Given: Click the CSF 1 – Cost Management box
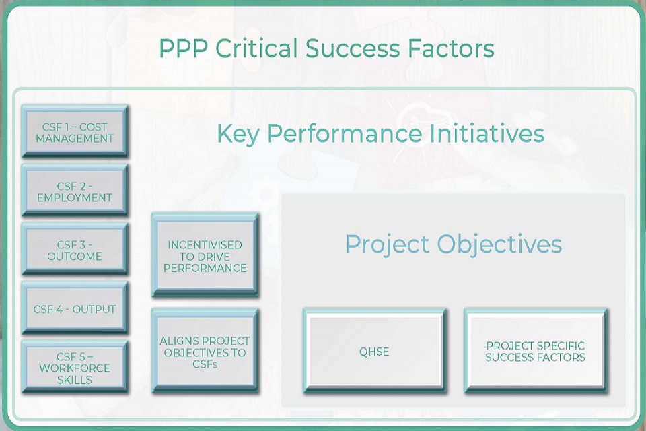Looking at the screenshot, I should pos(75,133).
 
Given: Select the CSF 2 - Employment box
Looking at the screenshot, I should pos(75,192).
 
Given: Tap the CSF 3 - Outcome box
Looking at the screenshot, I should pos(75,250).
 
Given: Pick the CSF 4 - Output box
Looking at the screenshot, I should pos(75,309).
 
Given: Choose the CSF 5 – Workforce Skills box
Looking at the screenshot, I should pos(75,368).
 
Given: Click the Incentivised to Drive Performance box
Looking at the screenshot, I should pos(205,256).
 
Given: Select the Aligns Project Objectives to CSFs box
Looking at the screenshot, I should pos(205,352).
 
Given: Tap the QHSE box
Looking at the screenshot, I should pos(374,352).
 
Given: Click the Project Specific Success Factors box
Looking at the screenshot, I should pos(536,352).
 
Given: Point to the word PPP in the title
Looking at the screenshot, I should pos(179,48).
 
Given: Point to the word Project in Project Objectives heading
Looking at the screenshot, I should pos(388,244).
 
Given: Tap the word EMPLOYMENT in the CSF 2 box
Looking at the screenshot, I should pos(75,198).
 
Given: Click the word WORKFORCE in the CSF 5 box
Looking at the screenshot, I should pos(75,368).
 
